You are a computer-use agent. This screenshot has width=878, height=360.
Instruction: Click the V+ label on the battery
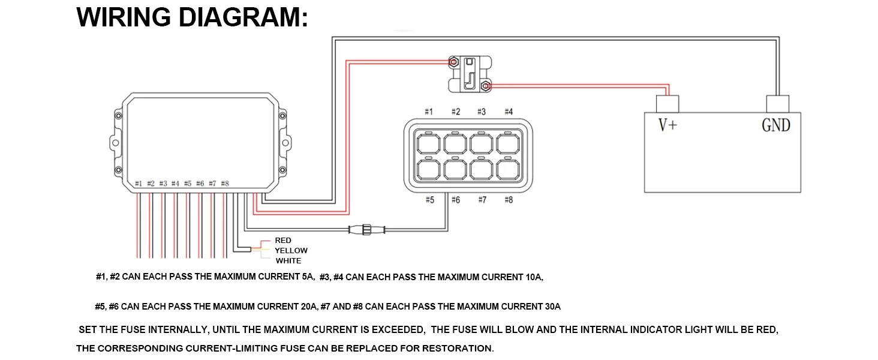(x=667, y=126)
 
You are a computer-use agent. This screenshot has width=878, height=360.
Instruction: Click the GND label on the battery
(x=775, y=125)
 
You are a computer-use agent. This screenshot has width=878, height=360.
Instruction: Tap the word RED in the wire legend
(x=283, y=241)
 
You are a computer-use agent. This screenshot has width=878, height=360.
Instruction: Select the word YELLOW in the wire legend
(x=291, y=251)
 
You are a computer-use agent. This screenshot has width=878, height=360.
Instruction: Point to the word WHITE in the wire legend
(x=288, y=261)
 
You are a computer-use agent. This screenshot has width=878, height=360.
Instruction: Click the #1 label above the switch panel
(x=429, y=112)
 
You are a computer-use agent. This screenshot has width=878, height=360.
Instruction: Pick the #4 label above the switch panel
(x=509, y=112)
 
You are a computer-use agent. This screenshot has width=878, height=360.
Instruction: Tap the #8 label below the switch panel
(x=509, y=200)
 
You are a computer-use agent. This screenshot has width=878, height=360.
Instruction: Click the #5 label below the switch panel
(x=429, y=200)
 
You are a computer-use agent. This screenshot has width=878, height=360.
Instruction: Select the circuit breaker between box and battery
(x=471, y=74)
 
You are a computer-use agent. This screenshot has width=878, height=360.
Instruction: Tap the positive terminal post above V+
(x=667, y=104)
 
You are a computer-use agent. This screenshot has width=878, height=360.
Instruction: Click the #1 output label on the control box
(x=139, y=184)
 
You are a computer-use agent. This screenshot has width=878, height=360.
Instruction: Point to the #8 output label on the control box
(x=225, y=184)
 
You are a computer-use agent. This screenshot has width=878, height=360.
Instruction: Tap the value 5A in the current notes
(x=308, y=277)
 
